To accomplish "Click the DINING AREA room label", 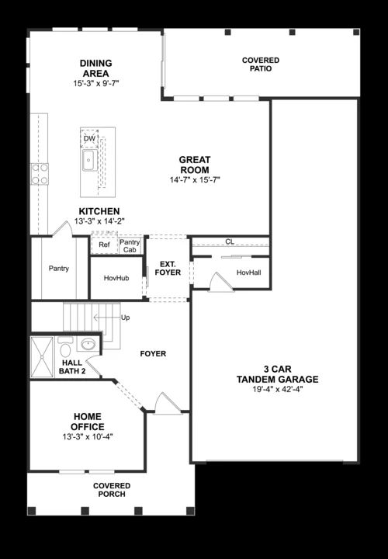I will (96, 68).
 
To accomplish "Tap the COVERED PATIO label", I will (261, 64).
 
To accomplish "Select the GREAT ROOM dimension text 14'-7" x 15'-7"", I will (196, 180).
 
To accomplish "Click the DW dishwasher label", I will (89, 139).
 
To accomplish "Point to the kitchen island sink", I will (89, 161).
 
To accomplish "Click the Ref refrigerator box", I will (104, 245).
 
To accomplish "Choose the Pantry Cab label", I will (130, 246).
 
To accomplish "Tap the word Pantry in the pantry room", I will (59, 269).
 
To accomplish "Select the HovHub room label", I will (117, 278).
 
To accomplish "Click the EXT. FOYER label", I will (168, 268).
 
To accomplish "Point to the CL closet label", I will (230, 241).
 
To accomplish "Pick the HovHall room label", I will (248, 273).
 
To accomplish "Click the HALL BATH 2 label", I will (72, 366).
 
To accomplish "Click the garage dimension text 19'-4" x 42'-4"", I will (278, 390).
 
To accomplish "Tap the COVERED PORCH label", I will (113, 491).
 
